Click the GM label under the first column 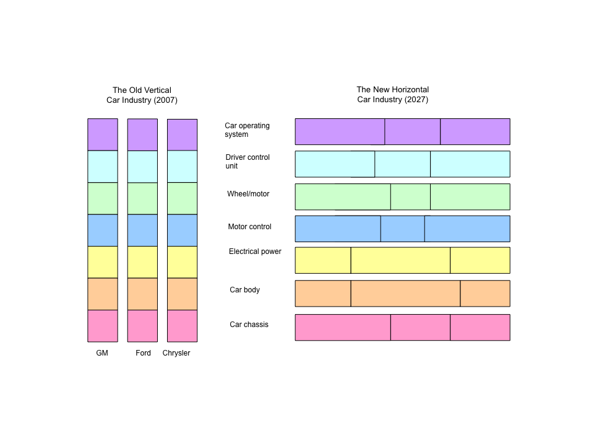click(x=102, y=353)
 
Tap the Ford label click(x=143, y=353)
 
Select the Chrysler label click(x=176, y=353)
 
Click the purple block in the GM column click(x=103, y=134)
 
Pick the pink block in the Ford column click(x=142, y=326)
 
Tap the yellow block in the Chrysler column click(x=182, y=262)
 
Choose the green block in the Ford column click(x=142, y=198)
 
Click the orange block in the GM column click(x=103, y=294)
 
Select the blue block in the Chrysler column click(x=182, y=230)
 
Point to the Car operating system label click(x=247, y=130)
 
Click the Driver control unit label click(x=247, y=162)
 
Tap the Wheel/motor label click(x=248, y=194)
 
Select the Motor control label click(x=249, y=227)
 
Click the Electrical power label click(x=255, y=251)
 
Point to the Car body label click(x=245, y=290)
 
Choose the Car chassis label click(x=249, y=325)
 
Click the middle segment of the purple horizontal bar click(x=413, y=131)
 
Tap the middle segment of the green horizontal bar click(x=411, y=197)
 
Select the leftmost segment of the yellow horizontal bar click(x=323, y=260)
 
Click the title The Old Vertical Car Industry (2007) click(x=142, y=95)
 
